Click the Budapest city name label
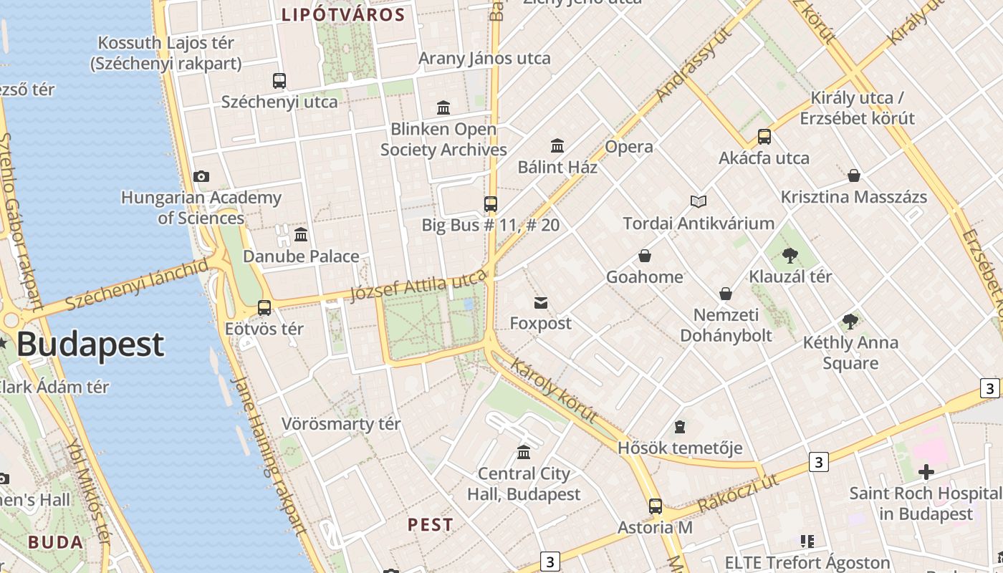(x=90, y=345)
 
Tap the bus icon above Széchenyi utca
(x=279, y=81)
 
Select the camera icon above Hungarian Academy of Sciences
(x=201, y=176)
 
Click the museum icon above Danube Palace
(x=301, y=234)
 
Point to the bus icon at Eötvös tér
(x=264, y=308)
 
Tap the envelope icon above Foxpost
(x=541, y=303)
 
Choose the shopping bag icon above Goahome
(x=645, y=256)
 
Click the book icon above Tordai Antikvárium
(x=699, y=202)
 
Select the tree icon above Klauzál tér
(x=790, y=255)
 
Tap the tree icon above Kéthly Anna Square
(x=850, y=322)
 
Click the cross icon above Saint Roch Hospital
(x=926, y=472)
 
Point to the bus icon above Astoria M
(x=655, y=506)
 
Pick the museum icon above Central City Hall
(x=524, y=453)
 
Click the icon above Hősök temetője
(x=680, y=428)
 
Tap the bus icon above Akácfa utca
(x=764, y=137)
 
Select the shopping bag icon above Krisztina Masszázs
(x=854, y=175)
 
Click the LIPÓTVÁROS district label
(x=343, y=14)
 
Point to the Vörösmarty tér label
(x=340, y=424)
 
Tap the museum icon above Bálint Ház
(x=557, y=146)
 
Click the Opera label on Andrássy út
(x=629, y=147)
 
